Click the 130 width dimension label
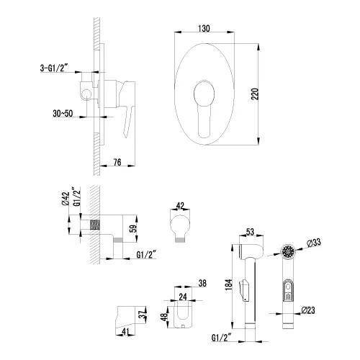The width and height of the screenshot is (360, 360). click(x=204, y=28)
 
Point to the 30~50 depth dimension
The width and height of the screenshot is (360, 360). click(x=63, y=113)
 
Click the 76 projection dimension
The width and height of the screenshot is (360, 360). click(x=117, y=162)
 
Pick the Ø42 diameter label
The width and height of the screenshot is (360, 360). click(x=66, y=199)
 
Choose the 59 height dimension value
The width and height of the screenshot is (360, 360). click(x=134, y=228)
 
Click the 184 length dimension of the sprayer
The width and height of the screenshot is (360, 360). click(x=228, y=285)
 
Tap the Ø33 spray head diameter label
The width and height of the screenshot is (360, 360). click(x=314, y=243)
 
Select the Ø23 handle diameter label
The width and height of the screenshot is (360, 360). click(x=308, y=310)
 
